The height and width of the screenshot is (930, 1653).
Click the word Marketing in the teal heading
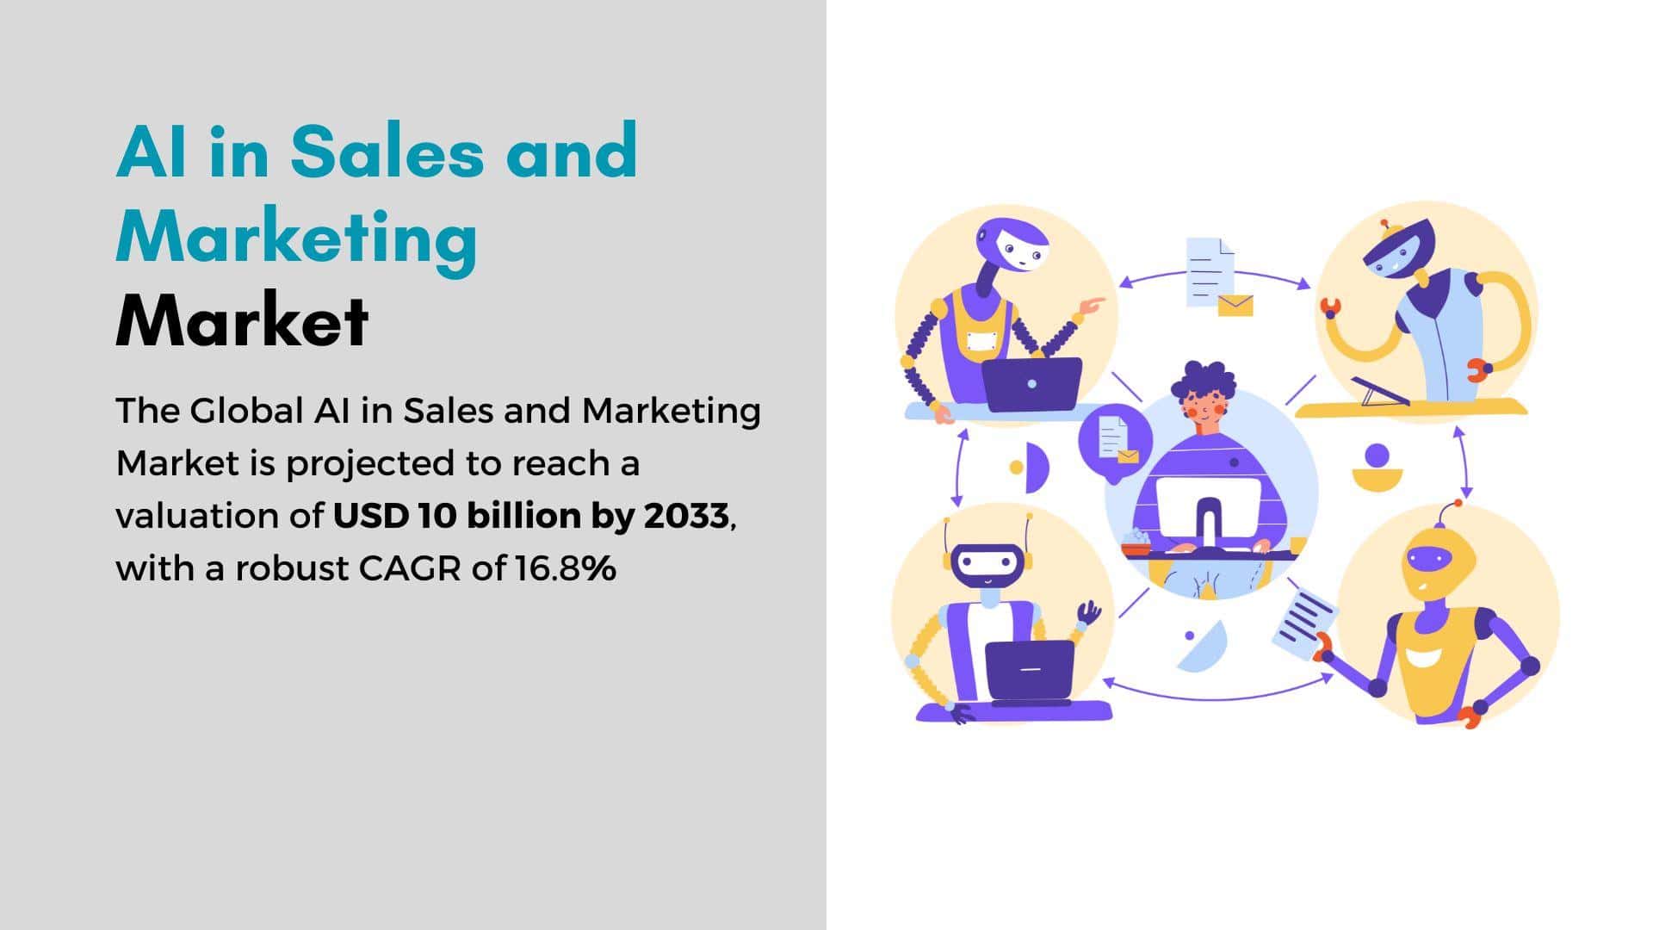pyautogui.click(x=297, y=239)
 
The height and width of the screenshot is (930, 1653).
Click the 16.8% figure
pyautogui.click(x=566, y=568)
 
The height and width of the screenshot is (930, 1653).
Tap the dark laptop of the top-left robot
pyautogui.click(x=1031, y=384)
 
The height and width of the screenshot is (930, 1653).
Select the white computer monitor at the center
pyautogui.click(x=1208, y=512)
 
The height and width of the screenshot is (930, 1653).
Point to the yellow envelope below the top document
pyautogui.click(x=1235, y=305)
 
